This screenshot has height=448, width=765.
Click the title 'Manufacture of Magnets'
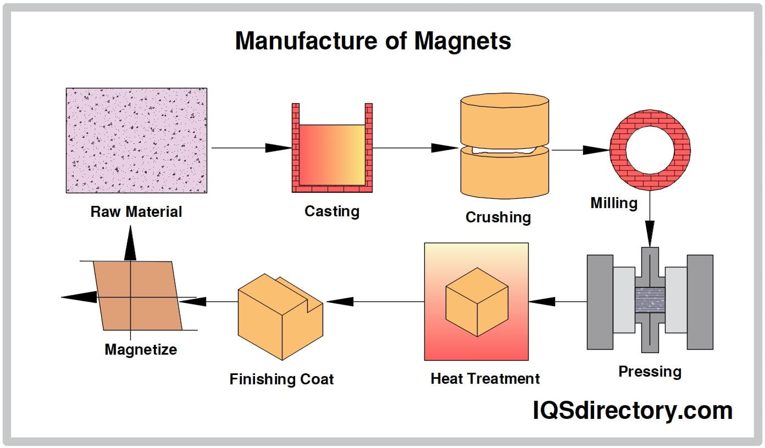(x=373, y=41)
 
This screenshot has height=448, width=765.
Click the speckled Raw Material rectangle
(x=136, y=140)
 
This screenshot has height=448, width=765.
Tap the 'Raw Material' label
(x=136, y=211)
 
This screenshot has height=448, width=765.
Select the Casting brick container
(x=332, y=148)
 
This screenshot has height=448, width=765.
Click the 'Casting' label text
(x=332, y=211)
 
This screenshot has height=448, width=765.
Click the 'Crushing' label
(x=498, y=217)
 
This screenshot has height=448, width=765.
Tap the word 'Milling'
(x=613, y=203)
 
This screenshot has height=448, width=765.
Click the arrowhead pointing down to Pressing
(x=650, y=233)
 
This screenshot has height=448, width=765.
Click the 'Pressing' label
(x=650, y=372)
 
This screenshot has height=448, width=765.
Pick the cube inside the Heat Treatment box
(x=476, y=301)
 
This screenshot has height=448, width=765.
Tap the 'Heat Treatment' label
(x=485, y=379)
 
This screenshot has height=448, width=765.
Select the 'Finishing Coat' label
(x=281, y=379)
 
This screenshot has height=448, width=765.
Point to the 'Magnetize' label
(x=141, y=350)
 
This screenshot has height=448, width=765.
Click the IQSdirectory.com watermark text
(x=632, y=410)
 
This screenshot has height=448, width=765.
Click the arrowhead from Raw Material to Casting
(x=278, y=148)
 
